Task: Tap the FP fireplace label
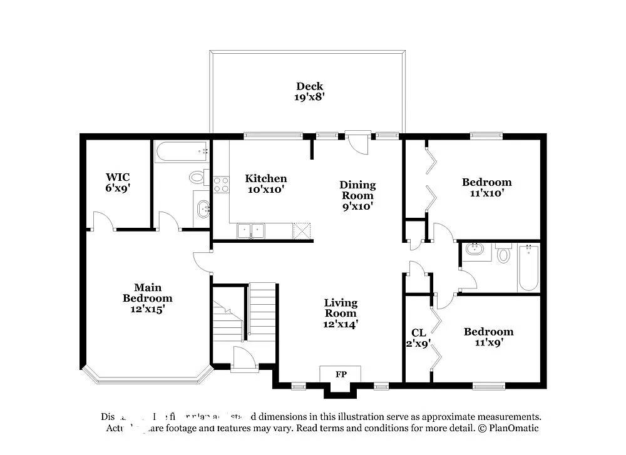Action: [x=341, y=374]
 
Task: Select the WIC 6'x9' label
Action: [x=118, y=182]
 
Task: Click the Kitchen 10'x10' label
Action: [x=265, y=183]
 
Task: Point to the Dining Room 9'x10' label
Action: [x=357, y=195]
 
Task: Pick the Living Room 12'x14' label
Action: [x=341, y=313]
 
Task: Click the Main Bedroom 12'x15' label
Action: [x=147, y=298]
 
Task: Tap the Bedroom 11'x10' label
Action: [x=486, y=187]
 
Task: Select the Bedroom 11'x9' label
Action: [x=488, y=337]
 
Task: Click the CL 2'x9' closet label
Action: [x=418, y=338]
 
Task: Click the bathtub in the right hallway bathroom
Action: [x=528, y=268]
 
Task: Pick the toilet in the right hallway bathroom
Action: [x=504, y=255]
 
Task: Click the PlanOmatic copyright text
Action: [x=508, y=428]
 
